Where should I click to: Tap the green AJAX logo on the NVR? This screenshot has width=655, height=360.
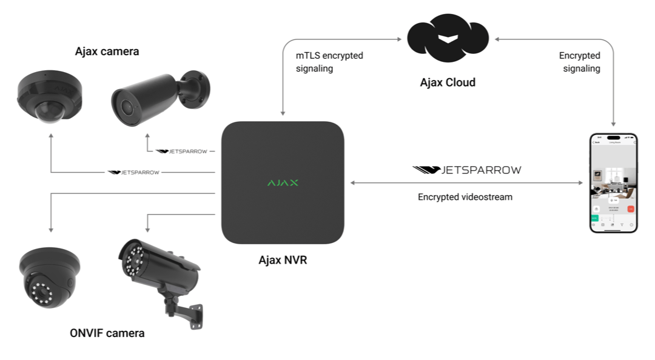click(x=283, y=182)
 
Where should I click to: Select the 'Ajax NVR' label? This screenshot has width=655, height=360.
click(x=283, y=261)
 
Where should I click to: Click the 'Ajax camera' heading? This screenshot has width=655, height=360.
click(x=107, y=52)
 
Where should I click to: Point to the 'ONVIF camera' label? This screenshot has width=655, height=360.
click(x=107, y=333)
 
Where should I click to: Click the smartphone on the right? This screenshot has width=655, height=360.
click(x=614, y=183)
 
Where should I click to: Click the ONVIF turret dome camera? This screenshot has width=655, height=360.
click(x=48, y=275)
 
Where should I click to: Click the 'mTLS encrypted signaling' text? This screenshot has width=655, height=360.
click(x=329, y=62)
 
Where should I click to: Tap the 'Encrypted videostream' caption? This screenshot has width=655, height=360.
click(x=465, y=197)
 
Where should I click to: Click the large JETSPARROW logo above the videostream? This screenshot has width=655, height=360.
click(x=466, y=170)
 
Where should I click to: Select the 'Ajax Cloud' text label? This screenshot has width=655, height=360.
click(x=448, y=82)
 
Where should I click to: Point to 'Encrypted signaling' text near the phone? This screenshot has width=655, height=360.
click(x=579, y=62)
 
